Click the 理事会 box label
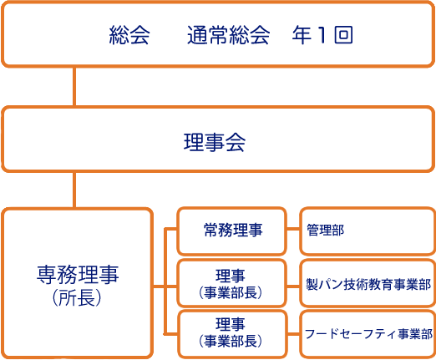[215, 142]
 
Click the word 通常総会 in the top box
[228, 35]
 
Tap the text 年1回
[322, 35]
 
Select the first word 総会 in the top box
[129, 35]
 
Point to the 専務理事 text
[78, 275]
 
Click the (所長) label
[77, 297]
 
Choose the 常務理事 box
[232, 231]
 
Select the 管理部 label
[325, 231]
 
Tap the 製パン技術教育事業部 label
[368, 284]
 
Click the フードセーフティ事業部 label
[368, 333]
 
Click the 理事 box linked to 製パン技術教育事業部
[232, 283]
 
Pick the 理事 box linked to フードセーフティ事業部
[232, 334]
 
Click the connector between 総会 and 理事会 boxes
[74, 86]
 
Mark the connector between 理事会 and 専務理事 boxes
[74, 190]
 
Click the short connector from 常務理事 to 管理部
[293, 230]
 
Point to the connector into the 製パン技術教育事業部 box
[293, 286]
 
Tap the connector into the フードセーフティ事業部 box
[293, 334]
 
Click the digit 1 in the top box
[322, 35]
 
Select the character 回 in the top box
[343, 35]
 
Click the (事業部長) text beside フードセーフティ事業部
[231, 341]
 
